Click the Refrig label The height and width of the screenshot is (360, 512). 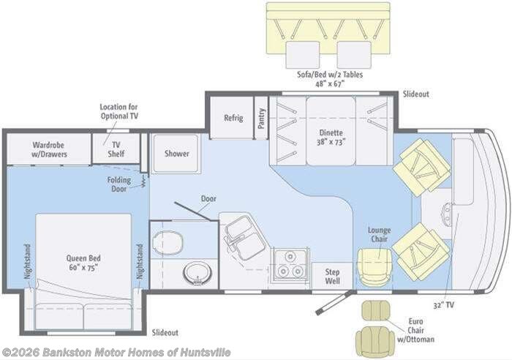coord(233,118)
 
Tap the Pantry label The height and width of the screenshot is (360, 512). coord(262,119)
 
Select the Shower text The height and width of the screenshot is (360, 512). coord(177,154)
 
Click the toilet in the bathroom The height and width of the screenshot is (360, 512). coord(167,243)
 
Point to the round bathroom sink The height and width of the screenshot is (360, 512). coord(197,274)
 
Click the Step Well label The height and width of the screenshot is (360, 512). coord(332,277)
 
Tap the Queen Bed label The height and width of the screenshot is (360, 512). coord(83,263)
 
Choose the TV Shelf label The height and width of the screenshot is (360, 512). coord(116,149)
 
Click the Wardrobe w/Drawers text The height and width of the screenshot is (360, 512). coord(49,149)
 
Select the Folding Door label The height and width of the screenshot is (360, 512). coord(118,184)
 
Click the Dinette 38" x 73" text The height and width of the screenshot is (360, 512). coord(331,138)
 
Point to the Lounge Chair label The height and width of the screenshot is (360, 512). coord(380,235)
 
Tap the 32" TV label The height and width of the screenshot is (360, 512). coord(443,305)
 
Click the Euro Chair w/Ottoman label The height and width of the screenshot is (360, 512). coord(415,330)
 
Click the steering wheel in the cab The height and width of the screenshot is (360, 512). coord(447,214)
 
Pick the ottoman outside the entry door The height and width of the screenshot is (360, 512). coord(376,310)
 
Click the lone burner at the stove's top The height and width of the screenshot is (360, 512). coord(290,256)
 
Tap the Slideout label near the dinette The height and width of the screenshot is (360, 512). coord(415,94)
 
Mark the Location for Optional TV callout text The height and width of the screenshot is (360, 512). coord(119,111)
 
